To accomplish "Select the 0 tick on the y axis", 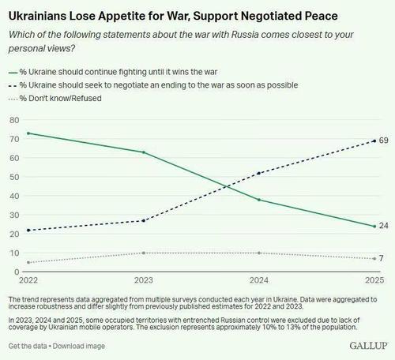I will coord(16,272).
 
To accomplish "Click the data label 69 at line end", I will coord(383,141).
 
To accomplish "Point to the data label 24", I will coord(383,226).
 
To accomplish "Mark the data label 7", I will coord(382,258).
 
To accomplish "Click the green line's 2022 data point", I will coord(28,133).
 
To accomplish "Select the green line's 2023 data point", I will coord(143,152).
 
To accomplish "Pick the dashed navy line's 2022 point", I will coord(28,230).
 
